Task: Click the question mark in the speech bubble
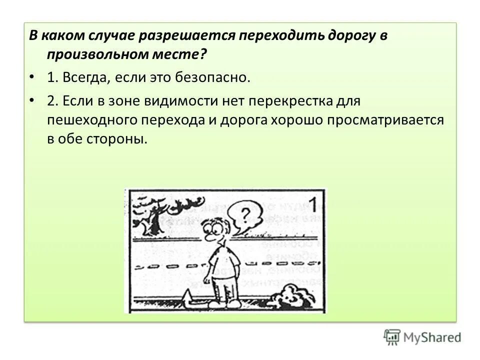point(244,214)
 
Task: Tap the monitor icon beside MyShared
point(392,337)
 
